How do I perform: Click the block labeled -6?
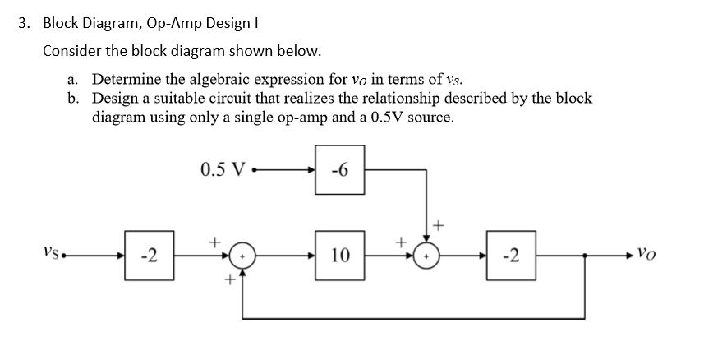pyautogui.click(x=338, y=171)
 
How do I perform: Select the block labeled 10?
pyautogui.click(x=338, y=256)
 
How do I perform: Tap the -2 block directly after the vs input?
pyautogui.click(x=149, y=256)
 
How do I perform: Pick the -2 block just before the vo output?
pyautogui.click(x=511, y=256)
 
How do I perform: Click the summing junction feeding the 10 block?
pyautogui.click(x=243, y=256)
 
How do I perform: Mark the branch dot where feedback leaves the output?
pyautogui.click(x=584, y=256)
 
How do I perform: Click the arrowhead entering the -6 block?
pyautogui.click(x=310, y=171)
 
